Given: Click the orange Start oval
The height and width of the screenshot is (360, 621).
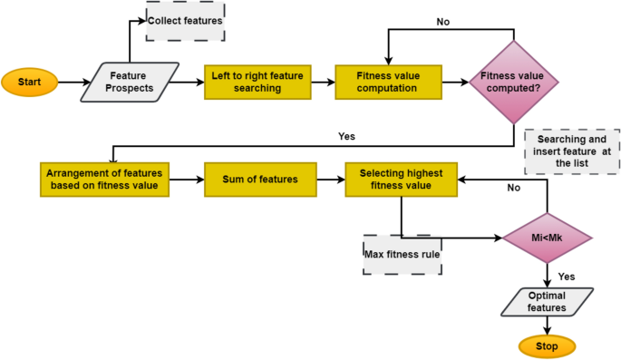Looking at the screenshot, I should point(29,83).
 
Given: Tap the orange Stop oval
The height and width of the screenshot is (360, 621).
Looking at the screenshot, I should point(547,345).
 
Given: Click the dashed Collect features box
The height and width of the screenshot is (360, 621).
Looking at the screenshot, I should point(184,21).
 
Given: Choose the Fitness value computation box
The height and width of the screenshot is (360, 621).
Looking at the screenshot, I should point(388,82).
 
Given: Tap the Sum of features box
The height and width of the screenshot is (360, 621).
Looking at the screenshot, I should point(260,180).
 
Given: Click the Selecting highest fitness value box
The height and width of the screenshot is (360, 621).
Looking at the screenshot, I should point(400,180).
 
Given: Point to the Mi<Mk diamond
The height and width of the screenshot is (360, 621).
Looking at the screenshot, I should point(547,238).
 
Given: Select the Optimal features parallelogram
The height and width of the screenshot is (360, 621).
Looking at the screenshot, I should point(548,302).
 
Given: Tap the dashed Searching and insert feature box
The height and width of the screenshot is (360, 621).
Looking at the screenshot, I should point(572,151).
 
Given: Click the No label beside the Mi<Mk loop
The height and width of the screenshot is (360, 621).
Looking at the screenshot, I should point(513,189).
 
